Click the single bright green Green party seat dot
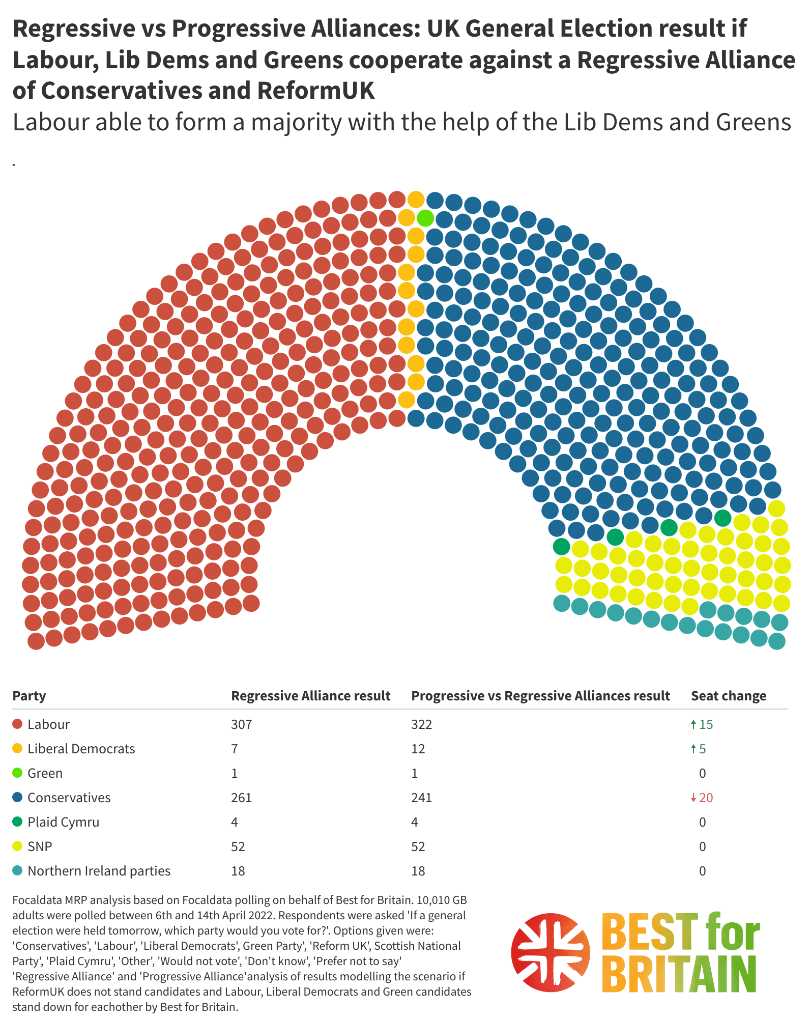pyautogui.click(x=425, y=218)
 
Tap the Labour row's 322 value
pyautogui.click(x=421, y=724)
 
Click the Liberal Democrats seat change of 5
pyautogui.click(x=702, y=749)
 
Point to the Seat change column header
pyautogui.click(x=728, y=696)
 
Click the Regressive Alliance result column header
pyautogui.click(x=310, y=696)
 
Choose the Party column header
pyautogui.click(x=29, y=696)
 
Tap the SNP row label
pyautogui.click(x=40, y=846)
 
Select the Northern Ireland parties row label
pyautogui.click(x=99, y=871)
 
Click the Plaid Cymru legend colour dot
pyautogui.click(x=18, y=822)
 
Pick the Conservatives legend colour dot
pyautogui.click(x=18, y=797)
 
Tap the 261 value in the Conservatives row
pyautogui.click(x=241, y=798)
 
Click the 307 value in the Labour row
pyautogui.click(x=241, y=724)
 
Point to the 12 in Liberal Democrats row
pyautogui.click(x=418, y=749)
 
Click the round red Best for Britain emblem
pyautogui.click(x=551, y=952)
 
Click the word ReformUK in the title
pyautogui.click(x=315, y=91)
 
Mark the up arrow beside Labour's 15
pyautogui.click(x=693, y=724)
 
